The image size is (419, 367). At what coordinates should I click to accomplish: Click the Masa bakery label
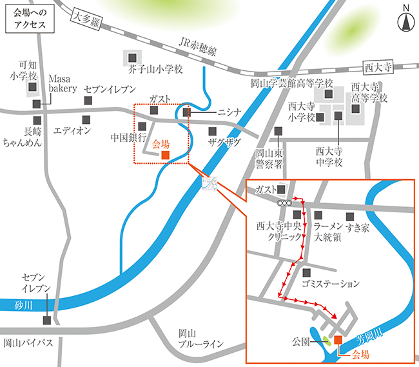coord(63,84)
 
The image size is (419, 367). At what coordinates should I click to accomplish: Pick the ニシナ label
coord(229,112)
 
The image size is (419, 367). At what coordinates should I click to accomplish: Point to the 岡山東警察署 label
coord(269,158)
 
